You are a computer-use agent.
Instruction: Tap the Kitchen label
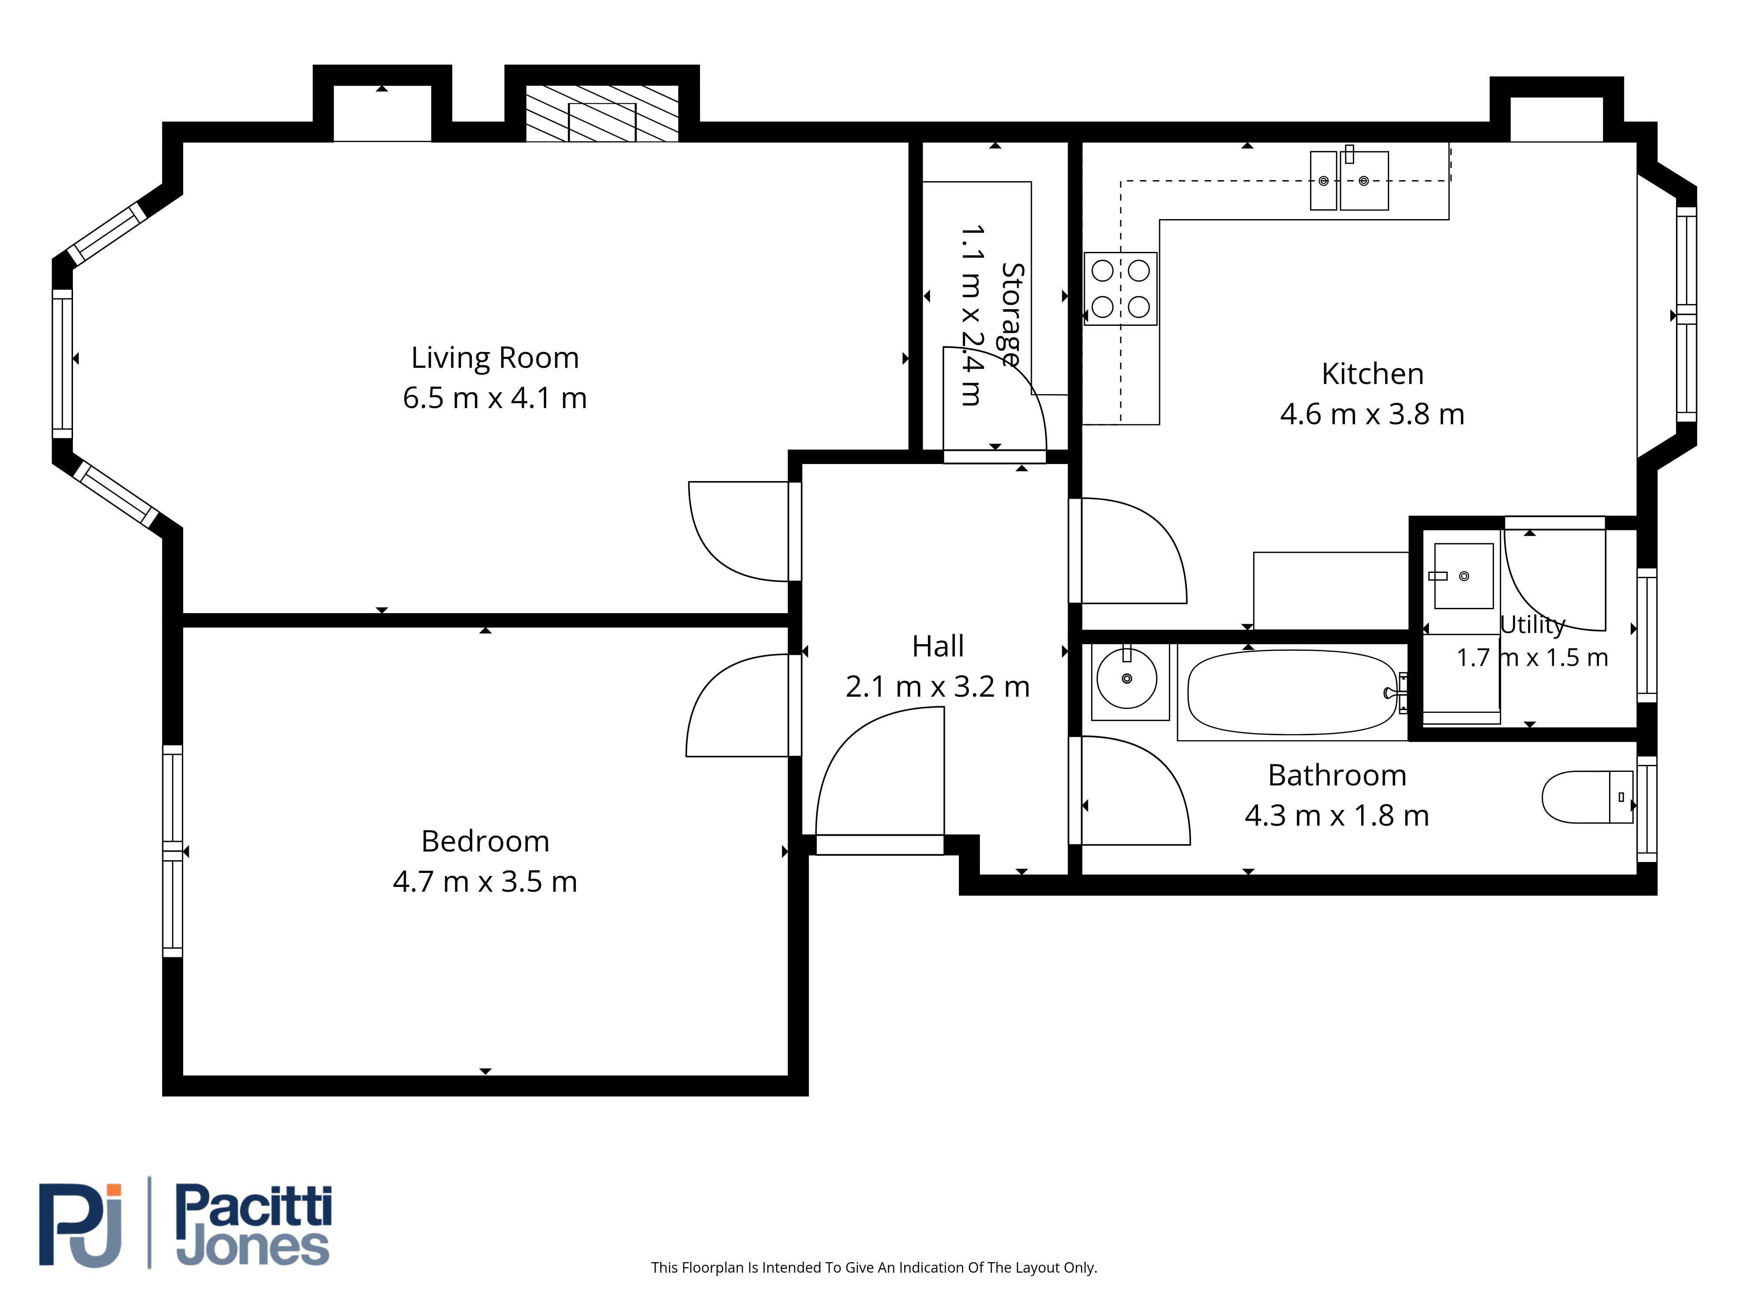coord(1373,373)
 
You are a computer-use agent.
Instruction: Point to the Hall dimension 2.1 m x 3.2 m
coord(938,687)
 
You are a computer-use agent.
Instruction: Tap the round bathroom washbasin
coord(1127,679)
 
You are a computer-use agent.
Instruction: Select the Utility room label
coord(1533,625)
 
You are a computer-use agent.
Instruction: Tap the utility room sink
coord(1463,576)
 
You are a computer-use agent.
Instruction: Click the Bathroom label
coord(1337,775)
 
